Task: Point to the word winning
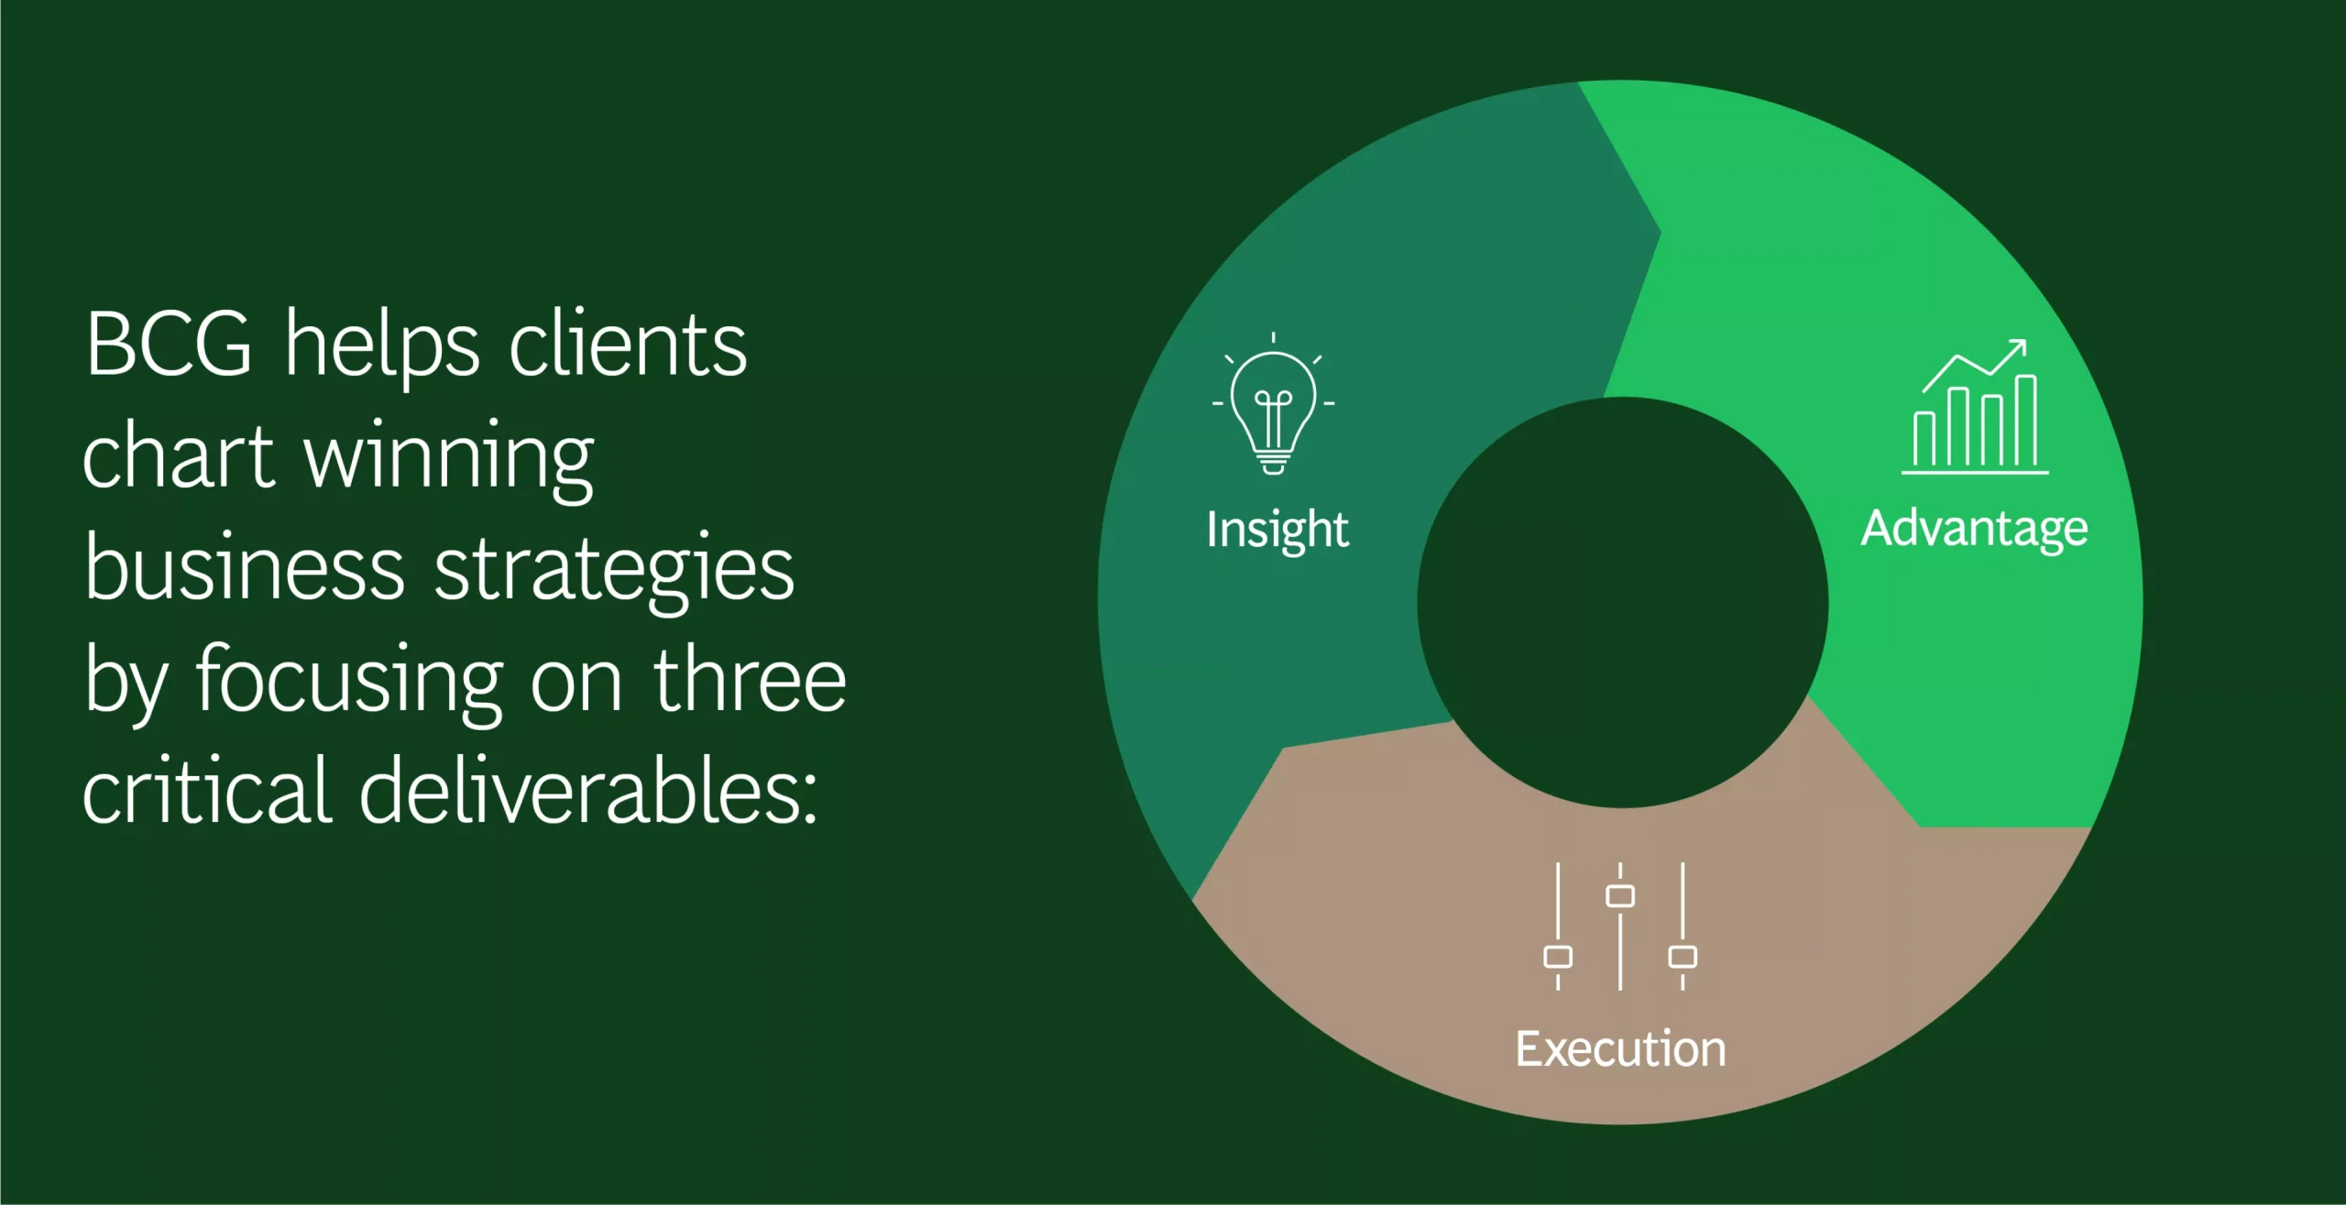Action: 449,461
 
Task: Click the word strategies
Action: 614,573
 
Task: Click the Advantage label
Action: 1975,530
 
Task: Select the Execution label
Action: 1620,1049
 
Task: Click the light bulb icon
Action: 1273,404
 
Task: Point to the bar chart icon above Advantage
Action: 1975,407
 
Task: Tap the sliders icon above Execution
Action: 1620,926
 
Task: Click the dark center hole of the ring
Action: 1623,603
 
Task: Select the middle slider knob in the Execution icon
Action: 1620,895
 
